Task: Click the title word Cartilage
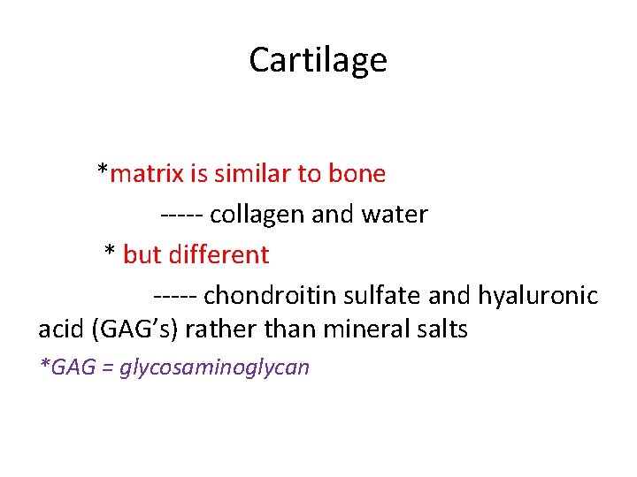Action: click(x=318, y=60)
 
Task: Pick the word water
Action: click(x=395, y=215)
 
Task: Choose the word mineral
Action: click(x=361, y=329)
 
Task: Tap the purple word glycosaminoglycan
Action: click(x=214, y=367)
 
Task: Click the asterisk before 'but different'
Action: click(x=110, y=253)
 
